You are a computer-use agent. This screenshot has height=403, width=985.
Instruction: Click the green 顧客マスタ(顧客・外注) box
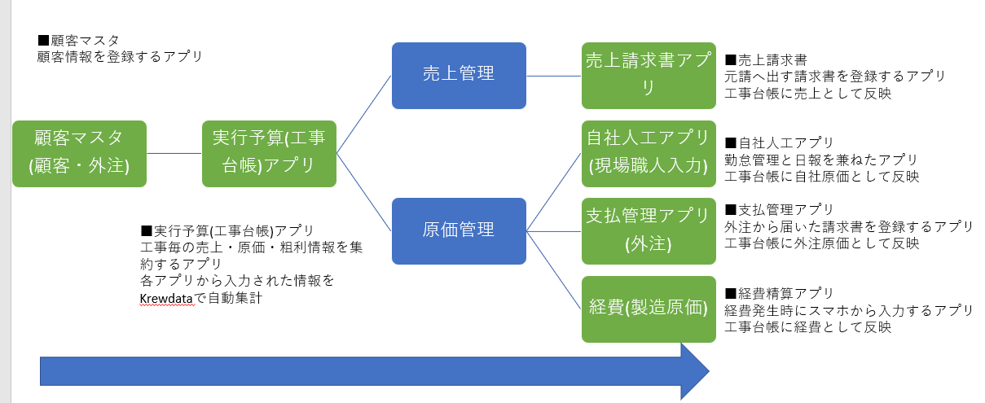point(80,153)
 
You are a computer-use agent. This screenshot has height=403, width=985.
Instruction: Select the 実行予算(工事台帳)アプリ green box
point(269,153)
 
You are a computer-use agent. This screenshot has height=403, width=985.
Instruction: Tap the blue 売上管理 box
point(459,75)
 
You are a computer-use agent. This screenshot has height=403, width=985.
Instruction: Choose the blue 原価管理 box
point(459,230)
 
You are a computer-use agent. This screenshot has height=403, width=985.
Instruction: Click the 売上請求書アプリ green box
point(649,75)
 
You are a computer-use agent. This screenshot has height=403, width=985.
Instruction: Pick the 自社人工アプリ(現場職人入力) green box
point(649,153)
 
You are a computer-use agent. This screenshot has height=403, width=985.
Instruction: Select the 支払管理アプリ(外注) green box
point(649,230)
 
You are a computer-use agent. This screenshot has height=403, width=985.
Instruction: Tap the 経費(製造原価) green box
point(649,309)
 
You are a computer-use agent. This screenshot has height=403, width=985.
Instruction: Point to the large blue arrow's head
point(693,371)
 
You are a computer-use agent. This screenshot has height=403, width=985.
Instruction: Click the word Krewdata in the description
point(167,298)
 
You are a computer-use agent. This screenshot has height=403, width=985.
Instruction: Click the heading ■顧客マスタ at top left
point(78,41)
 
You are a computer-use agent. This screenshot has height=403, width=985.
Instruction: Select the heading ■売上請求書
point(766,60)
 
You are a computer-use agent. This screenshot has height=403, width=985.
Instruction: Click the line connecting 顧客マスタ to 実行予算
point(174,153)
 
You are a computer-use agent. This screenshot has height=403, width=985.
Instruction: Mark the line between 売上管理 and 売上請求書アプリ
point(553,75)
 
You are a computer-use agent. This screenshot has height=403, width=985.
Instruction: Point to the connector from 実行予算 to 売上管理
point(363,114)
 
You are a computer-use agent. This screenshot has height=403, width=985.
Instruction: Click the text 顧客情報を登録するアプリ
point(120,57)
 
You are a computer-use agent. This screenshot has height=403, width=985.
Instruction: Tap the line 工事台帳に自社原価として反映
point(821,176)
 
